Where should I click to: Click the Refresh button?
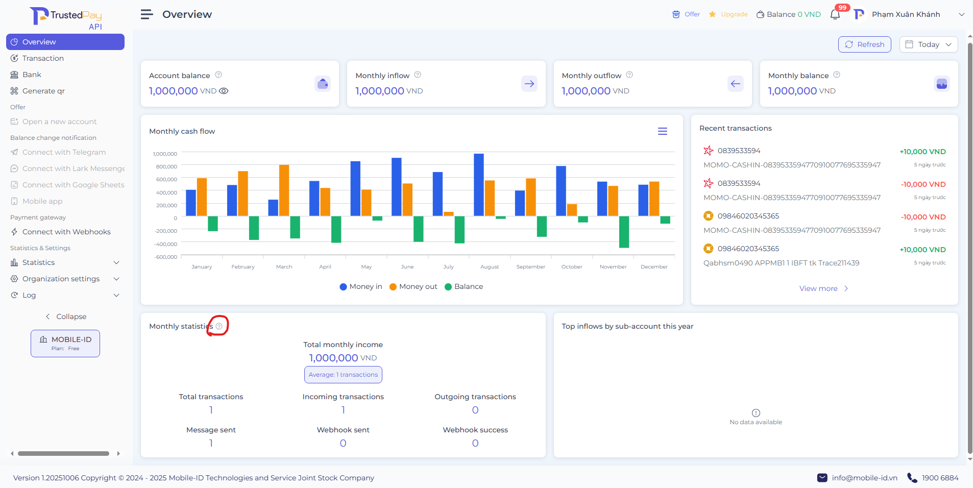pos(864,44)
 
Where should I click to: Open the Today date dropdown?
pos(928,44)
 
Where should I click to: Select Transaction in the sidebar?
pos(43,58)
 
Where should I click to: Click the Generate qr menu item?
pos(43,91)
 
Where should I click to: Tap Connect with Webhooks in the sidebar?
pos(66,232)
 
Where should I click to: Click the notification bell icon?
pos(835,14)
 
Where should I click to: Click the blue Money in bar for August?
pos(479,184)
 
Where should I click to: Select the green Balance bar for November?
pos(624,232)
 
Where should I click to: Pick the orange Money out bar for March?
pos(284,190)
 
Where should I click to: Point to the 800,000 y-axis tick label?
pos(167,166)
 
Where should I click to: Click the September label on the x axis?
pos(530,266)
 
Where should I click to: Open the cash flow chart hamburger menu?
pos(663,131)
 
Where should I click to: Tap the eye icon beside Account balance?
pos(224,91)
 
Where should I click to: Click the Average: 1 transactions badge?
pos(343,375)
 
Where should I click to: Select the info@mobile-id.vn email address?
pos(864,478)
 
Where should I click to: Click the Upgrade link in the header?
pos(734,14)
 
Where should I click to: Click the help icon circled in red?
pos(219,326)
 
